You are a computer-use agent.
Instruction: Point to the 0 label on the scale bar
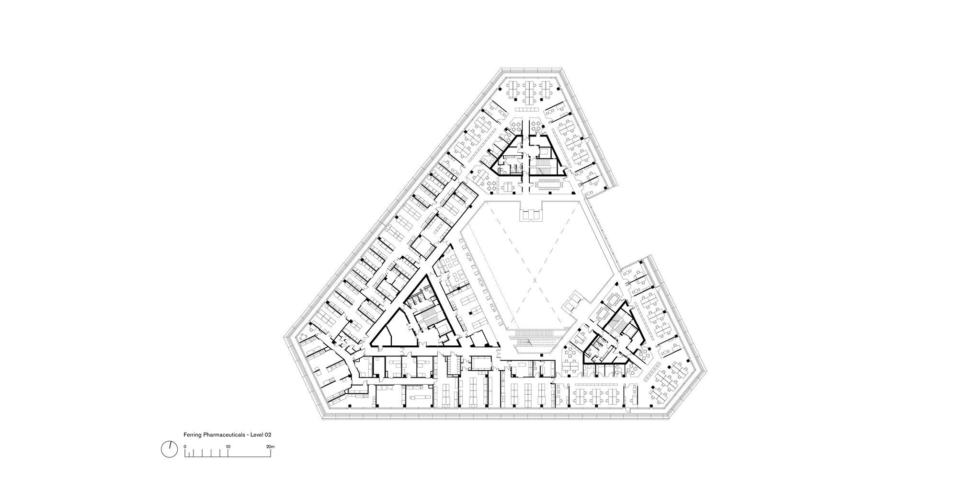coord(185,446)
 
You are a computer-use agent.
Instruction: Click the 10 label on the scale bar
coord(228,446)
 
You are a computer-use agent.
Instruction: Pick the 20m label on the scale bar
coord(271,446)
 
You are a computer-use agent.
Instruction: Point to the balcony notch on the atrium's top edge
coord(531,213)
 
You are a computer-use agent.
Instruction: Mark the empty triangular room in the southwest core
coord(393,331)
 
